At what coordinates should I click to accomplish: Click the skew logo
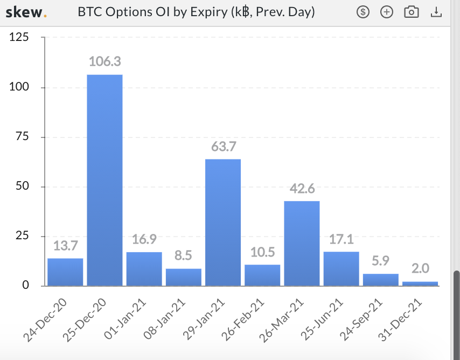(26, 12)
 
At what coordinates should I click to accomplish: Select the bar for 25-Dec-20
(104, 180)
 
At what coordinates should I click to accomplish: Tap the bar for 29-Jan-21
(223, 222)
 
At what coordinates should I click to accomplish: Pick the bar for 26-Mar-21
(302, 244)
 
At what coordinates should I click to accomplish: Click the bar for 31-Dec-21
(420, 283)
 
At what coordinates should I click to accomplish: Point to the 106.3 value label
(104, 61)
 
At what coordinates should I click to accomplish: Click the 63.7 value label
(224, 146)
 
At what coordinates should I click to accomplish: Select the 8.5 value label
(183, 255)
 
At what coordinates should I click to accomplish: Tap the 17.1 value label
(341, 239)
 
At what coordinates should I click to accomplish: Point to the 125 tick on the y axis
(19, 37)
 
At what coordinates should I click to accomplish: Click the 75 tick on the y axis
(22, 136)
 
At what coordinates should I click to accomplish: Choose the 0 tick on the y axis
(25, 285)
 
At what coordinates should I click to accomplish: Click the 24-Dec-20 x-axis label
(45, 320)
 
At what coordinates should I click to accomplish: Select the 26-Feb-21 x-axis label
(242, 320)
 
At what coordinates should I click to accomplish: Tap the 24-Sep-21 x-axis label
(361, 320)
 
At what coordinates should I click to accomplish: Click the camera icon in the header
(412, 12)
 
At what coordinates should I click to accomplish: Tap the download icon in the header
(436, 12)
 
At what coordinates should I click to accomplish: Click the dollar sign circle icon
(363, 12)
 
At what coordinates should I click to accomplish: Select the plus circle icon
(387, 12)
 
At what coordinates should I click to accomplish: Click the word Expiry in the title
(209, 12)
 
